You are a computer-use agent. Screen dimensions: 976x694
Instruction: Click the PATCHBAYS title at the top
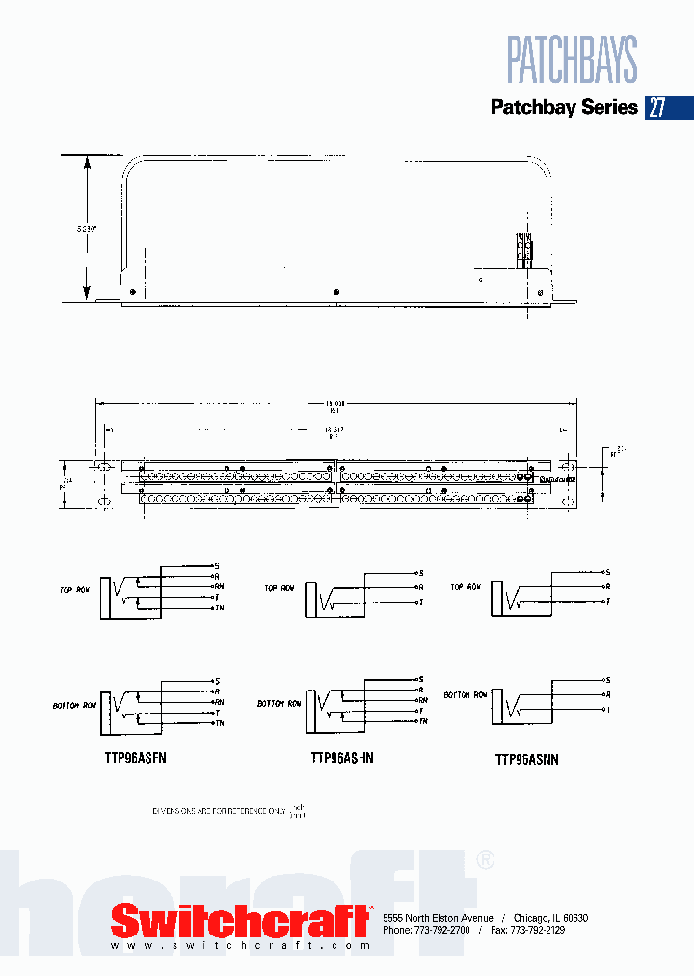pos(573,60)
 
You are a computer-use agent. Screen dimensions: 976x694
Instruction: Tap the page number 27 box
pos(656,107)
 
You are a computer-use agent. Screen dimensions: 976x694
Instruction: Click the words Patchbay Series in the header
pos(564,107)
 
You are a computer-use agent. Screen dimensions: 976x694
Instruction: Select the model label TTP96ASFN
pos(136,758)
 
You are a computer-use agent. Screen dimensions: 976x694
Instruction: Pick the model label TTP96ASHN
pos(342,758)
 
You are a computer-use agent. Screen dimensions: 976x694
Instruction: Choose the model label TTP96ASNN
pos(527,760)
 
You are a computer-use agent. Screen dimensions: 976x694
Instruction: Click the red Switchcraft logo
pos(241,921)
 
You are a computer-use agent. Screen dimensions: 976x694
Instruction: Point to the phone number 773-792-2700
pos(441,930)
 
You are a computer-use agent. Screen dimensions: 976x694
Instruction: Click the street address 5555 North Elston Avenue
pos(438,918)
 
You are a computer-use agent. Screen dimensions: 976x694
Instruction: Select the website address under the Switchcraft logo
pos(240,946)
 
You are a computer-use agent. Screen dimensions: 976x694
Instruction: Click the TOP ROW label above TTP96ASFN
pos(74,588)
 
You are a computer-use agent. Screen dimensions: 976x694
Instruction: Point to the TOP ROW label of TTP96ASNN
pos(466,587)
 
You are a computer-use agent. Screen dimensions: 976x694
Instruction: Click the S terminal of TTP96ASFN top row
pos(217,565)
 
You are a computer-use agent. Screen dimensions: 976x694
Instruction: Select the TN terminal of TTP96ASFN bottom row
pos(219,723)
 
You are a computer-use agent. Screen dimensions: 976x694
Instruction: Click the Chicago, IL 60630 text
pos(550,918)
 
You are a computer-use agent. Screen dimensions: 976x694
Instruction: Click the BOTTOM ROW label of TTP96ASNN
pos(465,694)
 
